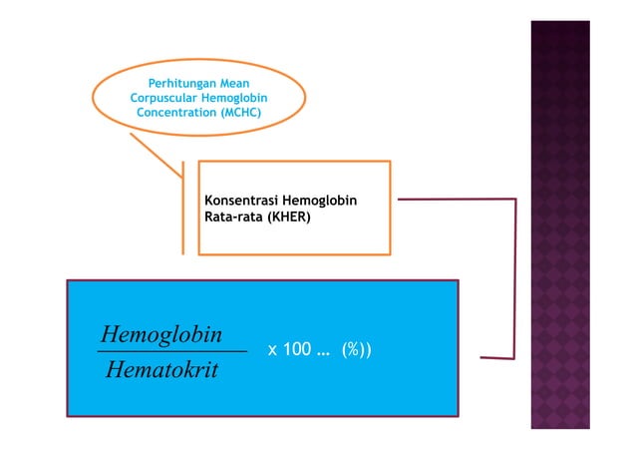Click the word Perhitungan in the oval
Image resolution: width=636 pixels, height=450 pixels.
coord(179,82)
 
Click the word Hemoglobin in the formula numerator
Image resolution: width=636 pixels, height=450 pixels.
coord(162,331)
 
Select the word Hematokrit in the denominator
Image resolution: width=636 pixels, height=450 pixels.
coord(161,370)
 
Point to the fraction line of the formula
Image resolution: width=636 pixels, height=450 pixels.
coord(172,351)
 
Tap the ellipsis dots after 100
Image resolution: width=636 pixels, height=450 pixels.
coord(324,353)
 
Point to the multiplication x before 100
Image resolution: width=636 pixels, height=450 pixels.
coord(273,352)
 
